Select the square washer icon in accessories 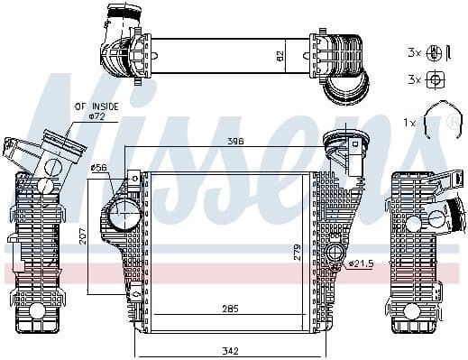pyautogui.click(x=436, y=79)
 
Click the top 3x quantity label pyautogui.click(x=413, y=53)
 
